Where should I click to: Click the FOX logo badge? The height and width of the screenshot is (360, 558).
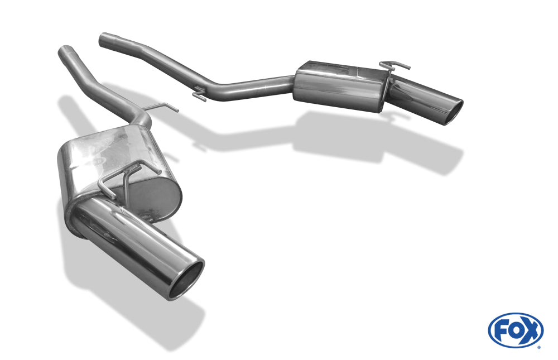pyautogui.click(x=516, y=330)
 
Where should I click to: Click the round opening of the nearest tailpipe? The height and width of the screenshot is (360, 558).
pyautogui.click(x=186, y=280)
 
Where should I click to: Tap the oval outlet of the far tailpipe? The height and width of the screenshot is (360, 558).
pyautogui.click(x=453, y=112)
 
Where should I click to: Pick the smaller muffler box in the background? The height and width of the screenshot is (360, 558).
pyautogui.click(x=338, y=86)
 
